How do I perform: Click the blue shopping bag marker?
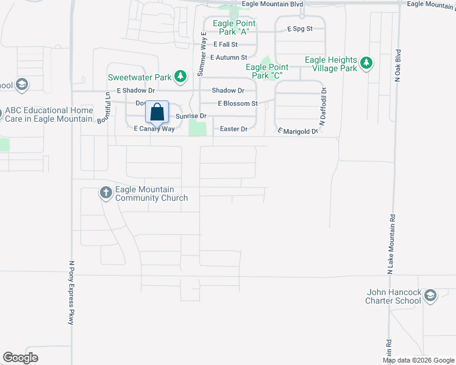coord(157,113)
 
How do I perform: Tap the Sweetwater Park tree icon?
coord(180,77)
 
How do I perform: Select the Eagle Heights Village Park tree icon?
coord(366,63)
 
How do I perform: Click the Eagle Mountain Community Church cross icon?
coord(105,193)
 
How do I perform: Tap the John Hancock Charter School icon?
coord(430,296)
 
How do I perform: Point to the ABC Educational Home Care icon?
coord(1,113)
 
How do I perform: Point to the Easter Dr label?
coord(233,129)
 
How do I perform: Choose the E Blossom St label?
coord(238,103)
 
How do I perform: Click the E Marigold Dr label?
coord(298,131)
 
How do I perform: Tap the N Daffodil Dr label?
coord(324,106)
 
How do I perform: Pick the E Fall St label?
coord(225,44)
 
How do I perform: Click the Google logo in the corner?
coord(20,357)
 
